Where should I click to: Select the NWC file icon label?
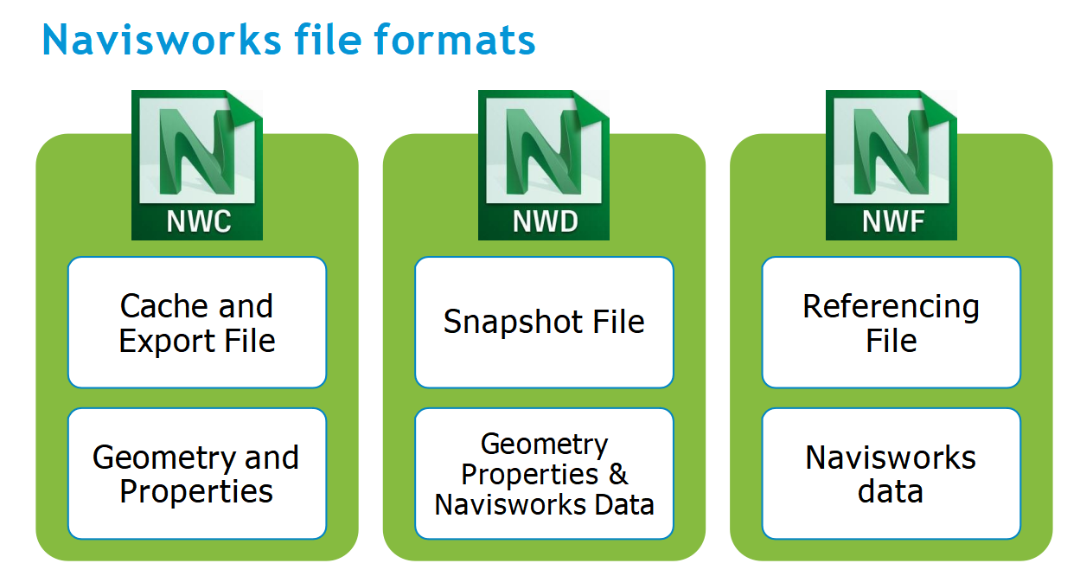tap(198, 221)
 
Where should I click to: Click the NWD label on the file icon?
tap(544, 221)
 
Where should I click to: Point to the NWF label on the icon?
tap(891, 221)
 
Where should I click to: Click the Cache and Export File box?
tap(197, 323)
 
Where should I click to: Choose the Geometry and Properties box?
tap(197, 474)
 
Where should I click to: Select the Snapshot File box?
tap(544, 323)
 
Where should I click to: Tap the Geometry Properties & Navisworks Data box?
tap(544, 474)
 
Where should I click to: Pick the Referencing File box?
tap(891, 323)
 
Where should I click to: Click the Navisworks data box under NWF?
tap(891, 474)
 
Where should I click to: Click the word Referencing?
tap(891, 306)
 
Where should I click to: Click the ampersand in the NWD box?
tap(618, 474)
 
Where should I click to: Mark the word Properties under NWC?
tap(196, 491)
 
